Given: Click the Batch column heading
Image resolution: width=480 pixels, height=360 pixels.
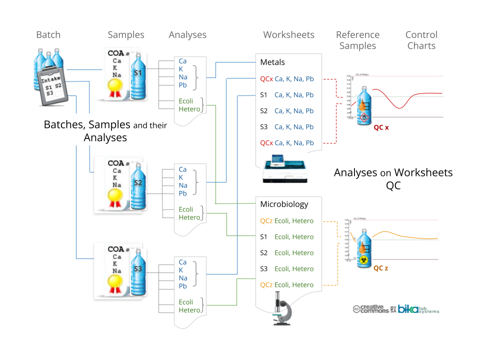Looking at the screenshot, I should [x=48, y=35].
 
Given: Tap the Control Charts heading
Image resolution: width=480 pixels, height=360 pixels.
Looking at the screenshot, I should [x=421, y=40].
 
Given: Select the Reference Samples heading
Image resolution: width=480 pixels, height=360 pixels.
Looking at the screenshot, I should [x=357, y=40].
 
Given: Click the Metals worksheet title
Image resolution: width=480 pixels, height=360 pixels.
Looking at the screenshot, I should [x=272, y=62].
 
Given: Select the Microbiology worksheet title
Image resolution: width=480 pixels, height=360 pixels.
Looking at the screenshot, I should [x=284, y=204].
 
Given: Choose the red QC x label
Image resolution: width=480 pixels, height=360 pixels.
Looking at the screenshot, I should [x=381, y=127].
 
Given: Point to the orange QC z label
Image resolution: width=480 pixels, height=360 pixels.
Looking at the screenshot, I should [x=381, y=268].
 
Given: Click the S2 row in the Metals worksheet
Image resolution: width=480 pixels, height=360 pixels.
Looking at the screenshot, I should [x=287, y=111].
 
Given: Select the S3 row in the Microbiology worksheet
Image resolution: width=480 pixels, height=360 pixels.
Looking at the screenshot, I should [x=287, y=269].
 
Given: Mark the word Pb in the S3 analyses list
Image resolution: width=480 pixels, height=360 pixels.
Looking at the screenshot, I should [x=183, y=286].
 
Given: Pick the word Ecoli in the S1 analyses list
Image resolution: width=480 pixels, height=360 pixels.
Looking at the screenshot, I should [x=186, y=101].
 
